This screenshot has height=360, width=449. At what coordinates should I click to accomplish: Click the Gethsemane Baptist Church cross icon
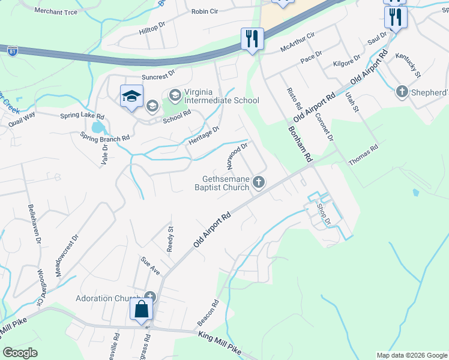tap(259, 182)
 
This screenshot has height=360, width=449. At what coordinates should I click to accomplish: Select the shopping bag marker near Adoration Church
tap(142, 310)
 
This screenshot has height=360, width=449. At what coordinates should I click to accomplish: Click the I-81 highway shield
tap(11, 52)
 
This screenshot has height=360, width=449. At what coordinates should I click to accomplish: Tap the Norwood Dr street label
tap(237, 155)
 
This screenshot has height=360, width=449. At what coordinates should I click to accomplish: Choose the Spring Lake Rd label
tap(82, 116)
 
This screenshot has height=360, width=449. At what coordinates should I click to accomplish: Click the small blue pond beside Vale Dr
tap(97, 127)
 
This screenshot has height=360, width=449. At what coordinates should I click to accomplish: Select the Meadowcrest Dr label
tap(67, 255)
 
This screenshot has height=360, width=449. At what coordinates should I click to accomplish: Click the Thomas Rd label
tap(364, 155)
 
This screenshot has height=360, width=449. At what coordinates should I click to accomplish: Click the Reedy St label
tap(170, 238)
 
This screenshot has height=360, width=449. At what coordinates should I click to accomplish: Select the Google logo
tap(20, 353)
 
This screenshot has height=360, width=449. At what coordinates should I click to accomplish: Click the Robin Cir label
tap(207, 11)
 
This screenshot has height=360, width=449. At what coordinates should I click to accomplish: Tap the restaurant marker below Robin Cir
tap(252, 39)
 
